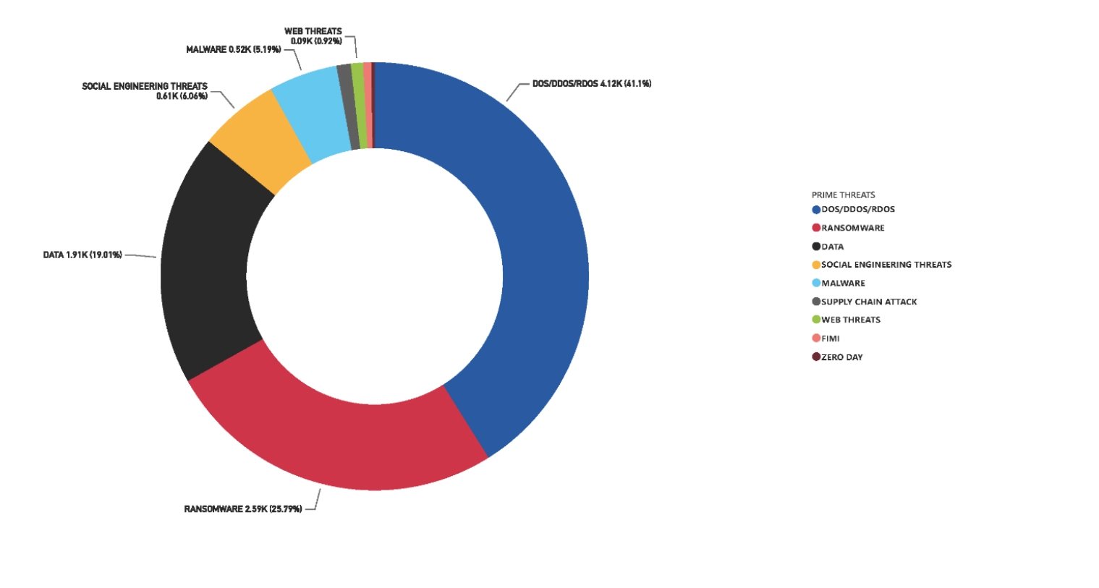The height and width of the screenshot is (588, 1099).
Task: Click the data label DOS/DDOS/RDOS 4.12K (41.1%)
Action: [591, 84]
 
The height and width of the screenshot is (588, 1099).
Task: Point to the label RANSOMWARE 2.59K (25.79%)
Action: [243, 509]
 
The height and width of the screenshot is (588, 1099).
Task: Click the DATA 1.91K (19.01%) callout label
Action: [82, 255]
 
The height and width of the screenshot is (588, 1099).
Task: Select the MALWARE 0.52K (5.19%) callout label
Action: [233, 50]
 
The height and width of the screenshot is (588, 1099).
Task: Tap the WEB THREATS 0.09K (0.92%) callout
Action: [313, 36]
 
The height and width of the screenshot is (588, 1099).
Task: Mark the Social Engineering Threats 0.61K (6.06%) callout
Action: [145, 91]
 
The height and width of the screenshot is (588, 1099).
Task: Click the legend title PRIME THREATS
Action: [843, 195]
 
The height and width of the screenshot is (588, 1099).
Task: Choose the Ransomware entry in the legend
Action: [852, 228]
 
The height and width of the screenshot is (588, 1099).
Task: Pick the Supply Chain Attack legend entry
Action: [868, 302]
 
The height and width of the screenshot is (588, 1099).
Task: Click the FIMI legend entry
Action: [830, 338]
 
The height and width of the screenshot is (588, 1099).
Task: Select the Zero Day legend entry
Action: [841, 357]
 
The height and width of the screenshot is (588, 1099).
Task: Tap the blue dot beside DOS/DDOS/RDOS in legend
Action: [816, 210]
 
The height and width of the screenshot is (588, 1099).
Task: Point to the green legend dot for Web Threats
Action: [816, 320]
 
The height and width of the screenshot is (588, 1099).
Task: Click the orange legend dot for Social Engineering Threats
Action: [816, 265]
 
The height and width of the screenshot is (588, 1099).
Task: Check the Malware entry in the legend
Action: [843, 284]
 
